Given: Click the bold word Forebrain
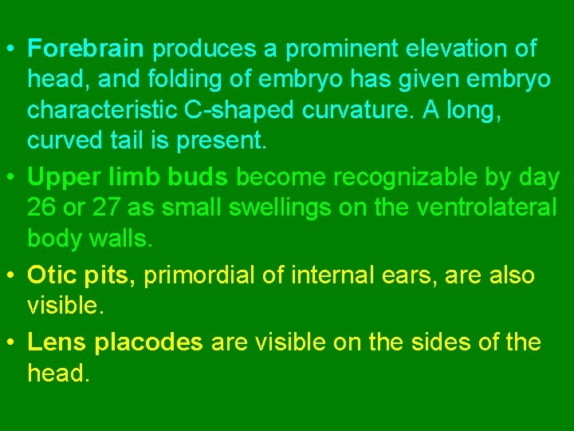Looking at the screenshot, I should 85,49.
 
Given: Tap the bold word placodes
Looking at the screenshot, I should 148,343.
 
